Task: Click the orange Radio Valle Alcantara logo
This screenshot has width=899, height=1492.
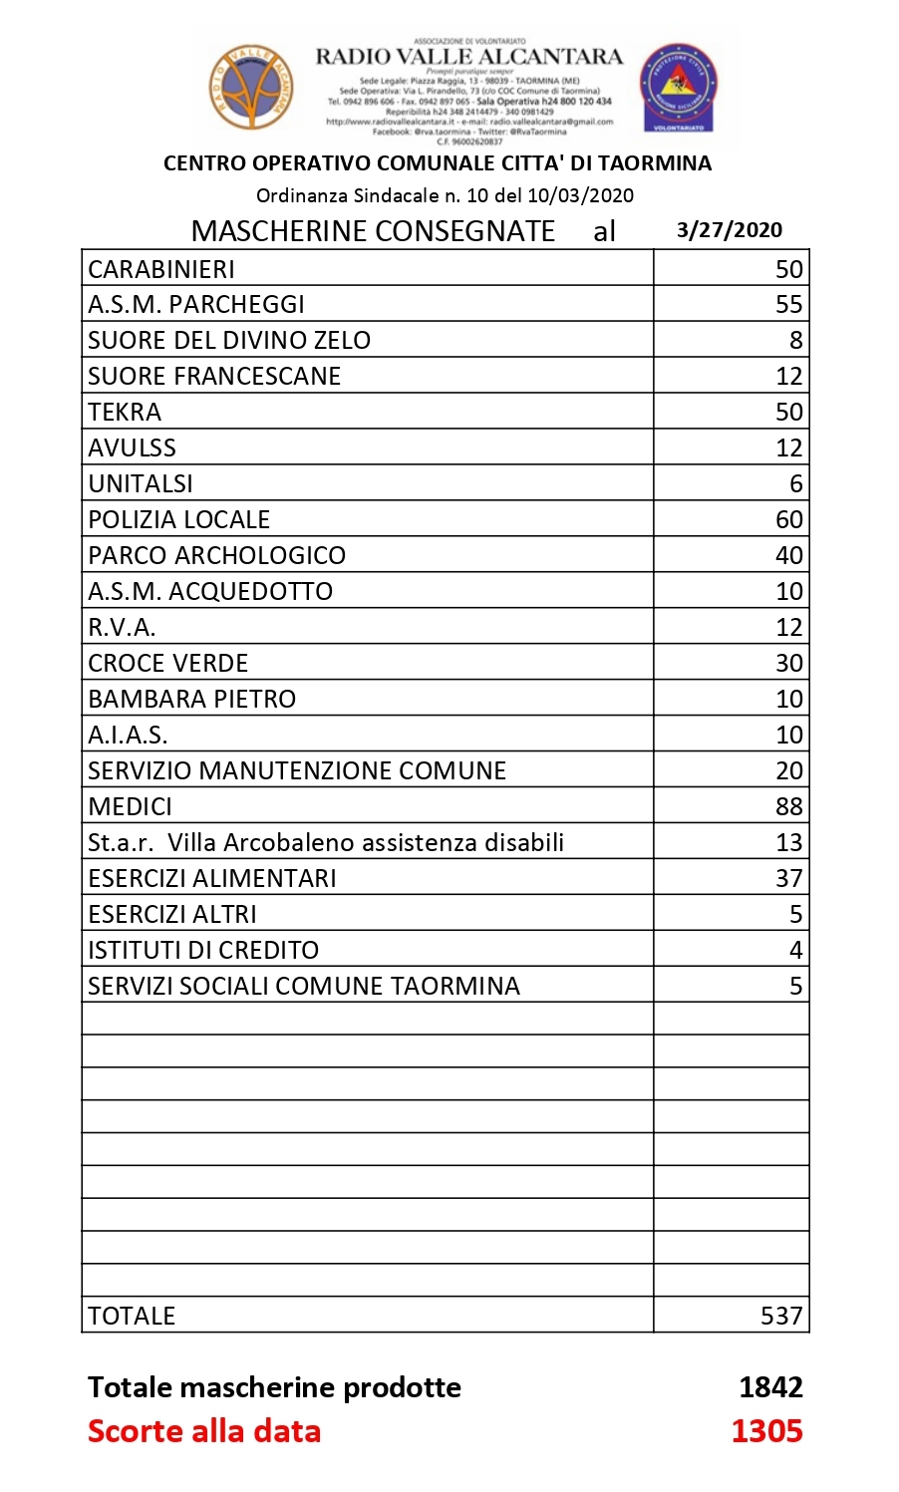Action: coord(251,87)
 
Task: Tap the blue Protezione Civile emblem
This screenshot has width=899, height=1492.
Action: coord(678,88)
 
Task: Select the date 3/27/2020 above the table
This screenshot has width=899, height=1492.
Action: coord(729,230)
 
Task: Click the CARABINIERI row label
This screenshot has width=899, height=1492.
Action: coord(161,269)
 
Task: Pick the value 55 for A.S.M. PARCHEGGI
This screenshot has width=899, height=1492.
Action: coord(788,305)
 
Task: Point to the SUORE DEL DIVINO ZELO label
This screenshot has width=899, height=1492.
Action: coord(229,341)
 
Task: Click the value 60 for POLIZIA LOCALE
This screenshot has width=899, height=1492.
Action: coord(788,520)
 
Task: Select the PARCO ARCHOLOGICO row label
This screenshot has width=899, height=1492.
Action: coord(216,556)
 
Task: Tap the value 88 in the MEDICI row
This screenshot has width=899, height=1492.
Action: coord(788,807)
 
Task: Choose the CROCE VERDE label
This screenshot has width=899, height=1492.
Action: coord(167,664)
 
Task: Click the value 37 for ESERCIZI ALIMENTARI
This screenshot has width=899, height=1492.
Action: coord(788,879)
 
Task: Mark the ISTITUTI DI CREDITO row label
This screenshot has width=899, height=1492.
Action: coord(203,951)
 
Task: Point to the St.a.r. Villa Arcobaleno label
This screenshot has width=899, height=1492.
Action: coord(326,843)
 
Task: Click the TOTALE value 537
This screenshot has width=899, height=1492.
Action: coord(780,1317)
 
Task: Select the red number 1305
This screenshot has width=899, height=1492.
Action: coord(766,1431)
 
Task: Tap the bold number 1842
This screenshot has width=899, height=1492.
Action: coord(770,1387)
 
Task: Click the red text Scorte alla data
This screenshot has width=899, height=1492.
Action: coord(204,1431)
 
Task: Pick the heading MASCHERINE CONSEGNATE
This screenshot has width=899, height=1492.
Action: coord(373,231)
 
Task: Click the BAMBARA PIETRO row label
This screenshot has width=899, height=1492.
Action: coord(191,700)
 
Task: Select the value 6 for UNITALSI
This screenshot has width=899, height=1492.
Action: coord(795,484)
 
